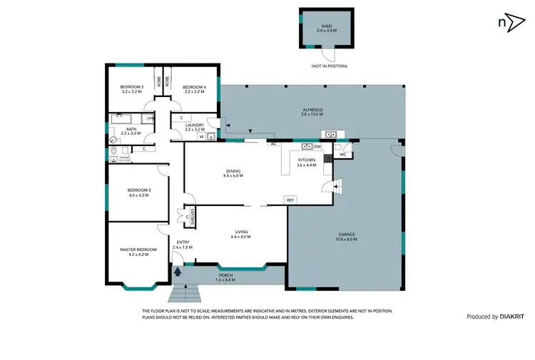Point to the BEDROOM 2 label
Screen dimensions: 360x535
click(138, 190)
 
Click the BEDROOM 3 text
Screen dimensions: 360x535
click(133, 87)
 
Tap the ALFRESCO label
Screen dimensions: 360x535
click(312, 109)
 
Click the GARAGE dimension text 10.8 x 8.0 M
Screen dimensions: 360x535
click(347, 240)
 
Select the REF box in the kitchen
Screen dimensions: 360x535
click(290, 200)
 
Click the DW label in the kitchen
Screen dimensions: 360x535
click(317, 147)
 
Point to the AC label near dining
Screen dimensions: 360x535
click(273, 144)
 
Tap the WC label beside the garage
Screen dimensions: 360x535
click(343, 153)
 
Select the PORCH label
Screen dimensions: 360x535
click(225, 277)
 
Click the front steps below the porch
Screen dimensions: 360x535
click(187, 293)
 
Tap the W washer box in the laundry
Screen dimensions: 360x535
click(202, 137)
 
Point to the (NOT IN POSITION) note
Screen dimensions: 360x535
click(329, 66)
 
